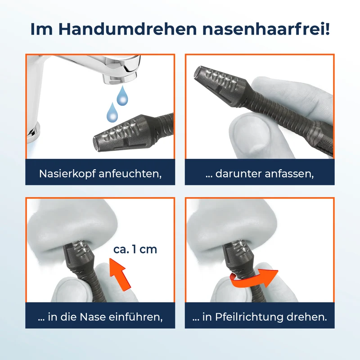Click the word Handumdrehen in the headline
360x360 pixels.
127,29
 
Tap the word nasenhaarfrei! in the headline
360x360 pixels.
266,29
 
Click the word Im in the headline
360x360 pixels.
41,29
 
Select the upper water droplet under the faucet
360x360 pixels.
122,96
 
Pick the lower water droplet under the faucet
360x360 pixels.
112,112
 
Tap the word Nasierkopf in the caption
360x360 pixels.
67,174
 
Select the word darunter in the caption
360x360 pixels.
238,174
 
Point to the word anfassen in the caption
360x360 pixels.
288,174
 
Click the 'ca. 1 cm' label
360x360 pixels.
135,250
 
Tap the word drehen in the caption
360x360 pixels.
306,317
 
